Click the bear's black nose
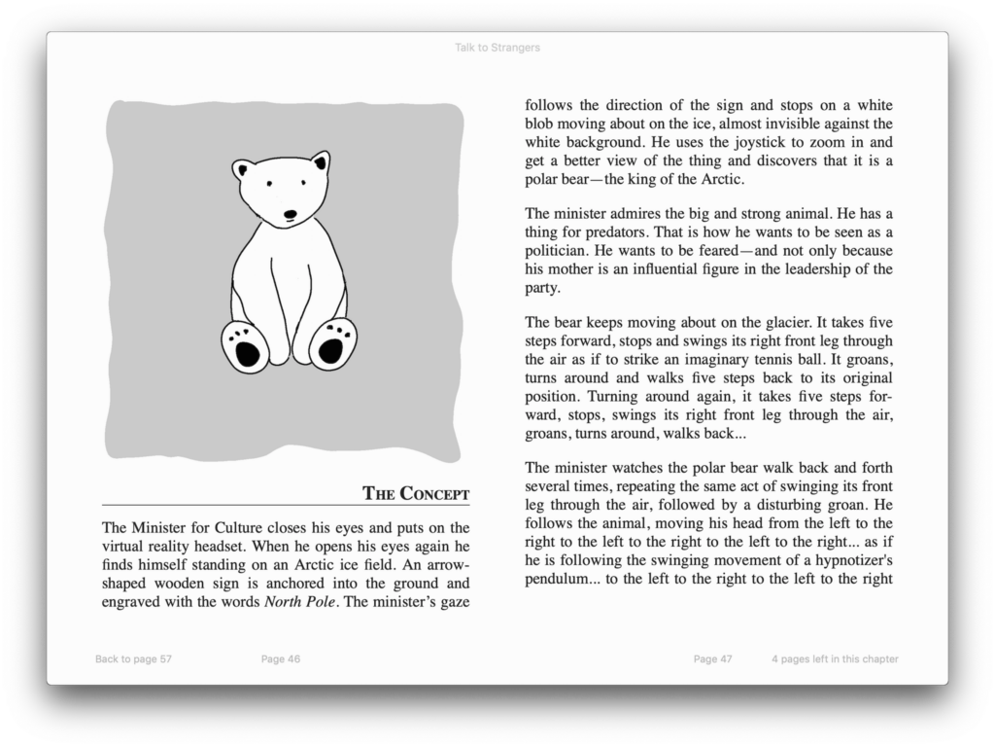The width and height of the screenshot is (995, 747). [x=290, y=214]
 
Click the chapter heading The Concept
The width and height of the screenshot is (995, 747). [x=416, y=493]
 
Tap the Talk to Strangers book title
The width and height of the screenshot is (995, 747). [x=497, y=48]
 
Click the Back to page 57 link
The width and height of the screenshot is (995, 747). [x=133, y=658]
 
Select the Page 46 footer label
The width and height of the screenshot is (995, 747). [x=281, y=658]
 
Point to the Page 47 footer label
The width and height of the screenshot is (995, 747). [x=712, y=658]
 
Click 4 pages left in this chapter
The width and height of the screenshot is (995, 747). [x=835, y=658]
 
